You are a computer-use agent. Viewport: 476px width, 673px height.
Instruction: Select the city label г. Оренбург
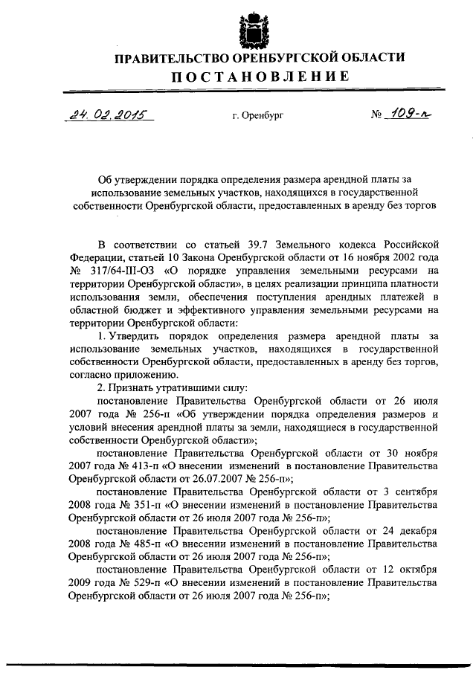tap(257, 116)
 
